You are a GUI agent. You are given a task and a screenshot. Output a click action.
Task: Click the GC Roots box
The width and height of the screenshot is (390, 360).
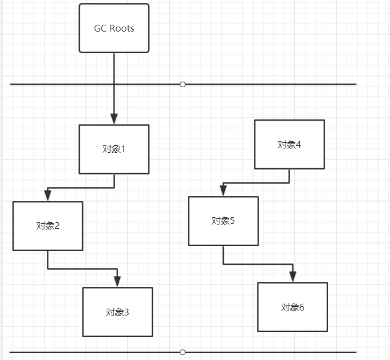[114, 28]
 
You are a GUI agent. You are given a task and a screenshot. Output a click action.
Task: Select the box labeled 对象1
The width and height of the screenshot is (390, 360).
[114, 149]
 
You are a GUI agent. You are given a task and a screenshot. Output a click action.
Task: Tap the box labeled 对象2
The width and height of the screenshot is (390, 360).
[48, 226]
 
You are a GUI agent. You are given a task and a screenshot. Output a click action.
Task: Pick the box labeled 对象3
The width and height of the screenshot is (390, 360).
[117, 312]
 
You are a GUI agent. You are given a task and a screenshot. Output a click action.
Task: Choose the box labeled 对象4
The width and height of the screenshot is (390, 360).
[289, 145]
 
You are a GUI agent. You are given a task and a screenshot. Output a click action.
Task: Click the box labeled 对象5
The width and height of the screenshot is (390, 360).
[223, 221]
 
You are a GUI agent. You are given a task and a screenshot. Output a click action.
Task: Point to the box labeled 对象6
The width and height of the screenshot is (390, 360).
[292, 307]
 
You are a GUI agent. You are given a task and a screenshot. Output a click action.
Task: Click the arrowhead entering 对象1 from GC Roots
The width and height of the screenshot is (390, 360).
[114, 119]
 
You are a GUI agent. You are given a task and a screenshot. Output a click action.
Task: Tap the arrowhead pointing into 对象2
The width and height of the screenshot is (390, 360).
[48, 196]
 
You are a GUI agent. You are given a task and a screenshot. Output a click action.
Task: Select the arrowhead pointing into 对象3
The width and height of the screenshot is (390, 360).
[117, 282]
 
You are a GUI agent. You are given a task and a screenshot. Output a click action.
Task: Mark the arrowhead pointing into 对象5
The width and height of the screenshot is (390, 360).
[223, 191]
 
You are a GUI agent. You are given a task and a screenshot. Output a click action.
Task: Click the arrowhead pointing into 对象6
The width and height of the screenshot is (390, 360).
[293, 277]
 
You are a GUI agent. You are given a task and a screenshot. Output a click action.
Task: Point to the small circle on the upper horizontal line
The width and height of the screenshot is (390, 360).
[182, 84]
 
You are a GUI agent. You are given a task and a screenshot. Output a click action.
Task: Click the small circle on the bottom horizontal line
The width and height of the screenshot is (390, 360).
[182, 352]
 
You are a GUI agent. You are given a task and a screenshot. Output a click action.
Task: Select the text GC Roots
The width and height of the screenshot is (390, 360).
[114, 28]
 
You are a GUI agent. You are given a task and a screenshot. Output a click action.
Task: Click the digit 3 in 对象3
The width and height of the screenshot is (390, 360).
[127, 312]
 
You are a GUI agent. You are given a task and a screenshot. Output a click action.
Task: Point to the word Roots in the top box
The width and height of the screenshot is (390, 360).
[122, 28]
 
